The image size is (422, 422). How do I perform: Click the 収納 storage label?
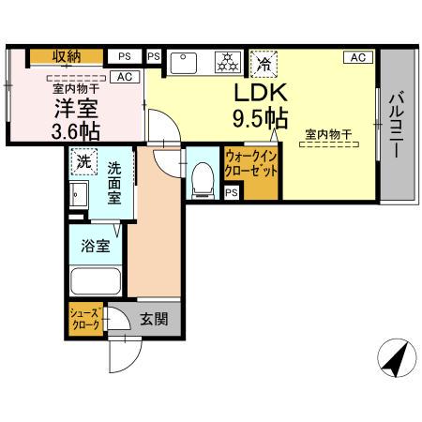65,56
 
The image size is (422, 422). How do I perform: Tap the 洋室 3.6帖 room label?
76,117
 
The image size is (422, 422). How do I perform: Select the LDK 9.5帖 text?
259,107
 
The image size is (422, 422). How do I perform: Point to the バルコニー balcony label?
395,123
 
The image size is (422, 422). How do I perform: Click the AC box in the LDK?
357,57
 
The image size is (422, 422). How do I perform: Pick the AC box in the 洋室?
124,77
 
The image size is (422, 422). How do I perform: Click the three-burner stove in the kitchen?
227,63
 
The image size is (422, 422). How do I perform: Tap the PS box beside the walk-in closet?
232,192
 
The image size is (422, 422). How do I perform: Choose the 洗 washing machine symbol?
84,160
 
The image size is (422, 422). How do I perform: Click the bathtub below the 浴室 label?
96,280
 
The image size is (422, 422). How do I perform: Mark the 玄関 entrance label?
155,319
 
